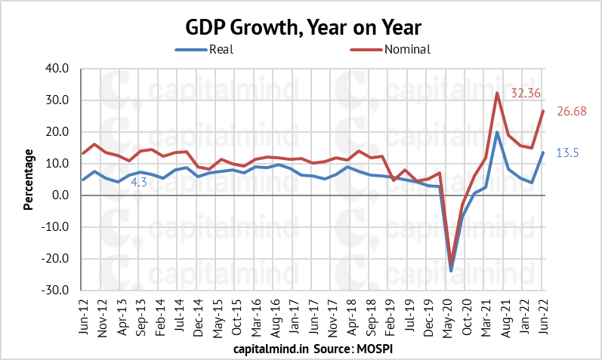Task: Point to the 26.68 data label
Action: tap(573, 112)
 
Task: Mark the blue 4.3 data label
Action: tap(139, 183)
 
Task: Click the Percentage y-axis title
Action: tap(29, 180)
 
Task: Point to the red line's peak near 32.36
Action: tap(497, 93)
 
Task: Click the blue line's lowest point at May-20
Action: tap(451, 270)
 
